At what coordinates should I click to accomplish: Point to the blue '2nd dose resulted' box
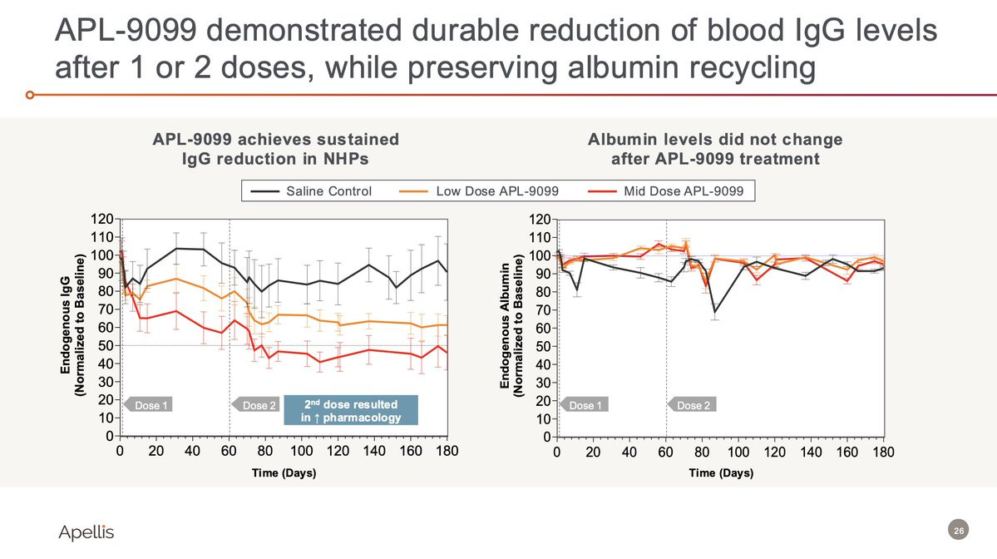(350, 411)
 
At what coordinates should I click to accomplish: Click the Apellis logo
(86, 532)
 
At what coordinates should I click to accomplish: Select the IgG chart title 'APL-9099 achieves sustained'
(275, 139)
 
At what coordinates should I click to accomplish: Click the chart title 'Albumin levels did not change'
(715, 139)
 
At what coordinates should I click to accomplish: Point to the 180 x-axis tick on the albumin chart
(883, 452)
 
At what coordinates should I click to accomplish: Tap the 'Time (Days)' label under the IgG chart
(284, 473)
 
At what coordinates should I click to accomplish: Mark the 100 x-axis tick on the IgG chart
(302, 452)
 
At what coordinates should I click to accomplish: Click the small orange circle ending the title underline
(30, 95)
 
